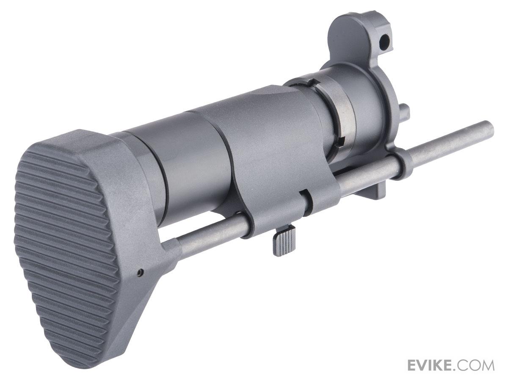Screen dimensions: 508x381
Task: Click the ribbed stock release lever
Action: point(281,243)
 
